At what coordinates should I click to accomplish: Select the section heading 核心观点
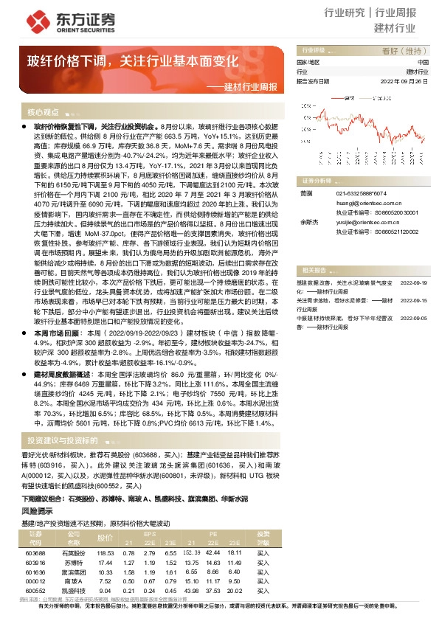pos(43,112)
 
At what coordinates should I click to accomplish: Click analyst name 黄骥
pos(305,193)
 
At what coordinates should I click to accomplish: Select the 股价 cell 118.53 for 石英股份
pos(105,552)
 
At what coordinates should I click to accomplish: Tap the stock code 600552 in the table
pos(35,590)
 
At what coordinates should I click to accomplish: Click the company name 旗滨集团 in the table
pos(72,572)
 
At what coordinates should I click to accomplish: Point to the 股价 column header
pos(105,538)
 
